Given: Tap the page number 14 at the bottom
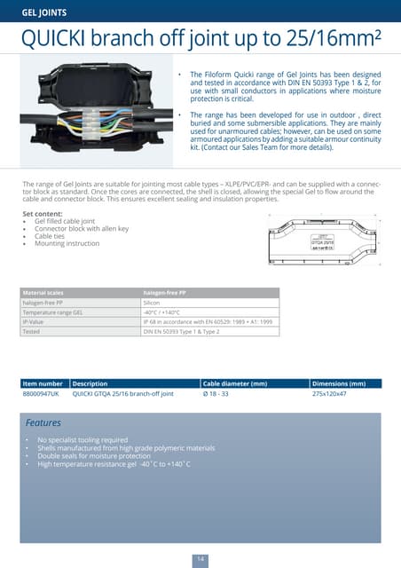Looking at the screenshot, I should [200, 557].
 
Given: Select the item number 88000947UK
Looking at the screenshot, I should [41, 393].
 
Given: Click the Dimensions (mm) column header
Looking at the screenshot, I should [340, 383].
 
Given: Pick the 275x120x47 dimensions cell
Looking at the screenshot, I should [330, 393].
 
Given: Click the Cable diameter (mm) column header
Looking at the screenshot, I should [235, 383].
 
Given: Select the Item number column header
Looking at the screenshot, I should [43, 383].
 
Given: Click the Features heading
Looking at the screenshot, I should [43, 423].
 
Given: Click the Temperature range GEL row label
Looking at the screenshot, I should [52, 312].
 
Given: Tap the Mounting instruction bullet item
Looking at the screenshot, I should [67, 243].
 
